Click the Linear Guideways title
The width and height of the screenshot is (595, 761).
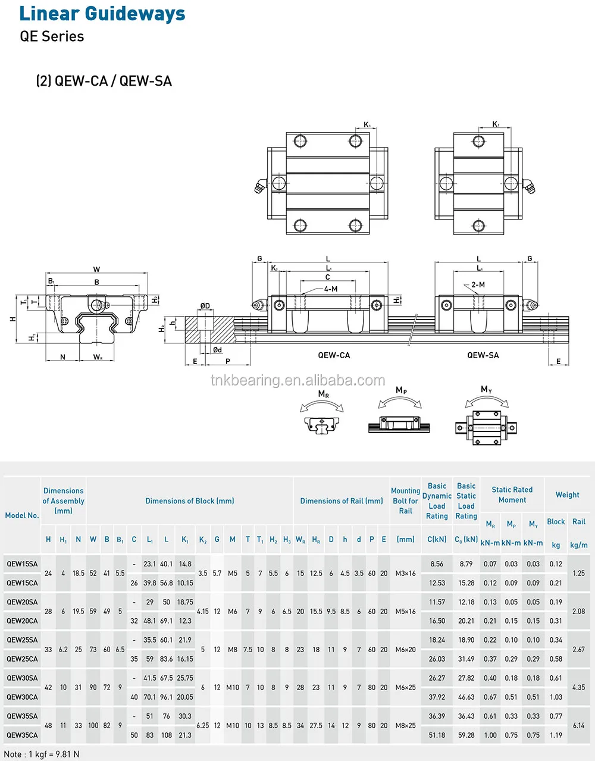[102, 13]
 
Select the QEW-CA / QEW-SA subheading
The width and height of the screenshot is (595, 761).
[104, 81]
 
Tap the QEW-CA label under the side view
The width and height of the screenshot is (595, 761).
[334, 355]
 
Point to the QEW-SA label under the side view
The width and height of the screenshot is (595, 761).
[483, 355]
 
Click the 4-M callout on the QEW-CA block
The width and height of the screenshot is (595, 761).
[331, 289]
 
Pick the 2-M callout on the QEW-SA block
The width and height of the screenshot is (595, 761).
[478, 285]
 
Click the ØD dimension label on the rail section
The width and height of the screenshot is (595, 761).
[205, 306]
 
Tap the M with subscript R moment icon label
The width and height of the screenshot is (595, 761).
[323, 394]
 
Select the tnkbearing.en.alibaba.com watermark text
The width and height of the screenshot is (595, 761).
[297, 380]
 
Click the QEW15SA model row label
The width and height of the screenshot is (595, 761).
[22, 564]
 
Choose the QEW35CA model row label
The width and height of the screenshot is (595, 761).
[22, 735]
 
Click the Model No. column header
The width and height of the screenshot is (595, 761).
[22, 515]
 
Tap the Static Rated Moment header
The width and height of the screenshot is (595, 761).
[512, 494]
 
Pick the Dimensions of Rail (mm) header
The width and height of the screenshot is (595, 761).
[342, 501]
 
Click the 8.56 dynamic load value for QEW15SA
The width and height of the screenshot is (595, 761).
[437, 564]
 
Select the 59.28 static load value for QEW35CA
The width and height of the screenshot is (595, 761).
[466, 735]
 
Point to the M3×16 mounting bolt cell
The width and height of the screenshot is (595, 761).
[406, 574]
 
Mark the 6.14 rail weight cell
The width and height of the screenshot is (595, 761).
[578, 726]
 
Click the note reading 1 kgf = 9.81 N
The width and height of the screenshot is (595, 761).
[42, 754]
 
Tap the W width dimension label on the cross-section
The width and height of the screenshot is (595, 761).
[96, 270]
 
